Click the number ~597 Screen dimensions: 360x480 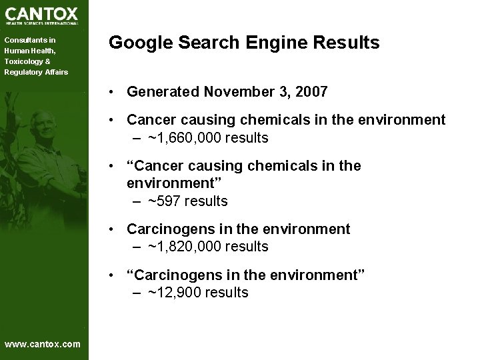coord(165,201)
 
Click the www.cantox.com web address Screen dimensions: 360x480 coord(42,344)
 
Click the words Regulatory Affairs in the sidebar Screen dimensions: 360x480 coord(36,72)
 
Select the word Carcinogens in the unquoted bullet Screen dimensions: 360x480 coord(167,229)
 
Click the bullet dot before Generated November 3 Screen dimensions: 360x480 coord(116,91)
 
